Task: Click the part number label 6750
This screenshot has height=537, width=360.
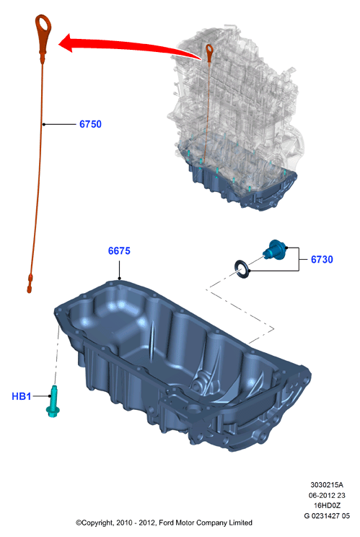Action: pos(90,124)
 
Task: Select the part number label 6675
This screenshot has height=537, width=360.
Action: pos(119,250)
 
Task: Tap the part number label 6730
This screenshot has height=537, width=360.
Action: pos(322,259)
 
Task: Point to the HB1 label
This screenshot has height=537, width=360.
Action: pos(21,396)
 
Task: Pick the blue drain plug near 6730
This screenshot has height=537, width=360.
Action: pos(275,250)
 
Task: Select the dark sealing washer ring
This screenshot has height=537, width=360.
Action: pos(242,269)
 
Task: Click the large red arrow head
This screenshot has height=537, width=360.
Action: pos(66,43)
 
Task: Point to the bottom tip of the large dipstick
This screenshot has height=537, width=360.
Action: pos(29,291)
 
